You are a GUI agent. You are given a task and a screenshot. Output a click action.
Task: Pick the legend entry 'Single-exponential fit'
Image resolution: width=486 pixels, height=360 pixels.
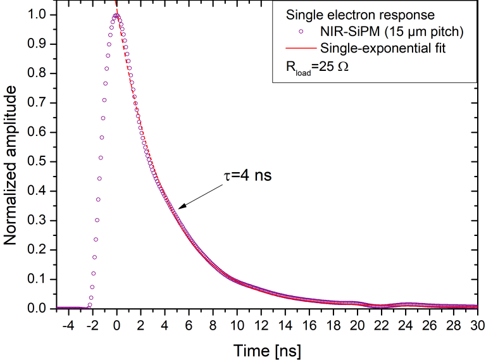point(380,48)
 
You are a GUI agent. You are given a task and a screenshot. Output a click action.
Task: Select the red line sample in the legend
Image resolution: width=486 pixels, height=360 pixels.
point(301,48)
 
